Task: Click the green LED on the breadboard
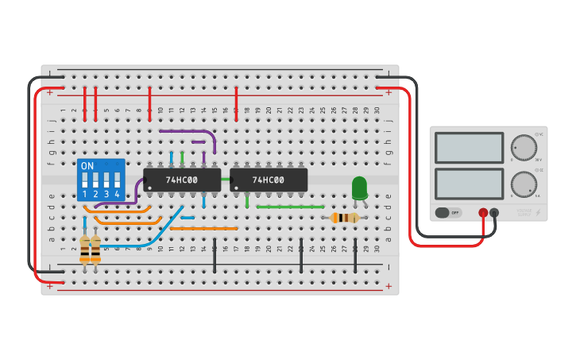[x=359, y=188]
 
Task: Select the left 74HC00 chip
[x=182, y=180]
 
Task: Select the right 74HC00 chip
[x=269, y=180]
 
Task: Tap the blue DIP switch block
[x=101, y=180]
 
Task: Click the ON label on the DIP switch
[x=87, y=166]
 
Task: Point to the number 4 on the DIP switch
[x=117, y=194]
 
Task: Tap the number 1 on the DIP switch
[x=85, y=194]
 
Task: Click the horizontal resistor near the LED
[x=345, y=218]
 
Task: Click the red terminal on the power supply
[x=483, y=213]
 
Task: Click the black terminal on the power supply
[x=494, y=213]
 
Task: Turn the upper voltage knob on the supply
[x=524, y=147]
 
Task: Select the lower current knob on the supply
[x=524, y=184]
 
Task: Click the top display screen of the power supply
[x=469, y=148]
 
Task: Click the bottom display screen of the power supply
[x=469, y=184]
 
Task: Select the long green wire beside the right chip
[x=290, y=207]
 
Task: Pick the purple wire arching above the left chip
[x=187, y=131]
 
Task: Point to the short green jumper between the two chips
[x=226, y=180]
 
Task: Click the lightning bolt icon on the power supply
[x=539, y=213]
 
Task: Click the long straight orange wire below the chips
[x=203, y=228]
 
